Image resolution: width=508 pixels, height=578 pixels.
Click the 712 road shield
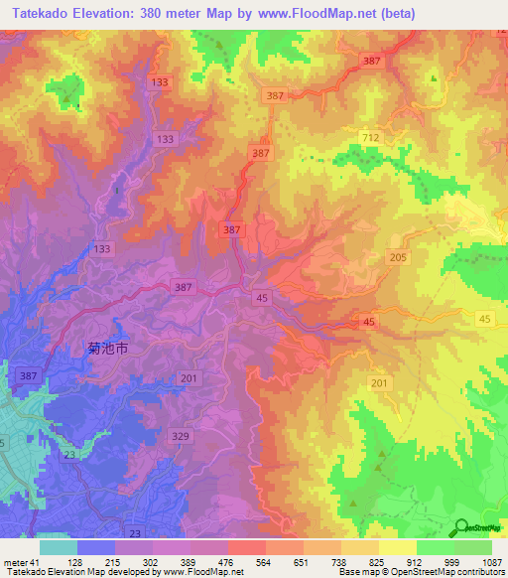(371, 137)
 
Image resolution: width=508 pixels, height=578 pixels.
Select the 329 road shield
(180, 436)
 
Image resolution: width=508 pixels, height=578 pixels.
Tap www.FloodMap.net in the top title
(323, 13)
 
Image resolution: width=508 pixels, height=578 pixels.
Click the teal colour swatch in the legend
(59, 547)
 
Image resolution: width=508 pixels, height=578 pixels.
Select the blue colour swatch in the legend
(96, 547)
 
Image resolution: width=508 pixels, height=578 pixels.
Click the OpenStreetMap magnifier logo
(462, 528)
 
